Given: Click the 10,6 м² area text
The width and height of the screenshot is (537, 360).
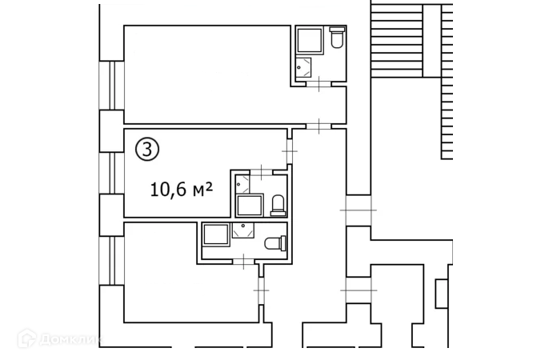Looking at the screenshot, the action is click(x=182, y=190).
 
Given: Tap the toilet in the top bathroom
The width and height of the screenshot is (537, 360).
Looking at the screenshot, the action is click(x=336, y=37).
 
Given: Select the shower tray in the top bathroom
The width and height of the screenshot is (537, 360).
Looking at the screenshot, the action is click(x=308, y=41).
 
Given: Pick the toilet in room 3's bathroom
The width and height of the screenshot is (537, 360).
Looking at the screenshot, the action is click(x=278, y=206).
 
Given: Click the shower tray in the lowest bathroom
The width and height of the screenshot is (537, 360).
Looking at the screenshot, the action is click(x=215, y=234).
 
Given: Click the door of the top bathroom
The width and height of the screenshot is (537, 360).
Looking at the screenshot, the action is click(x=319, y=83).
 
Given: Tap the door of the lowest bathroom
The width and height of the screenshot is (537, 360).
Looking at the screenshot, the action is click(x=242, y=260).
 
